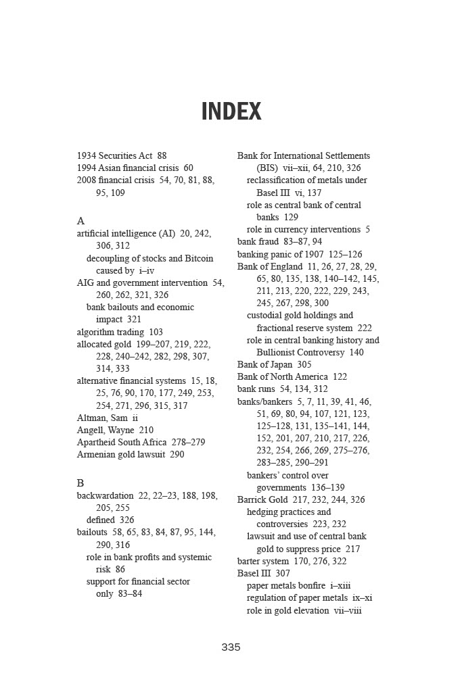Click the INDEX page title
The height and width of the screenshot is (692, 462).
231,112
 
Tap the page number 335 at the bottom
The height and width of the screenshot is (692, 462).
231,647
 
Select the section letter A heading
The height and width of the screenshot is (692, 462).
81,221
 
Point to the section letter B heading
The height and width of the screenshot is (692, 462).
80,483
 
